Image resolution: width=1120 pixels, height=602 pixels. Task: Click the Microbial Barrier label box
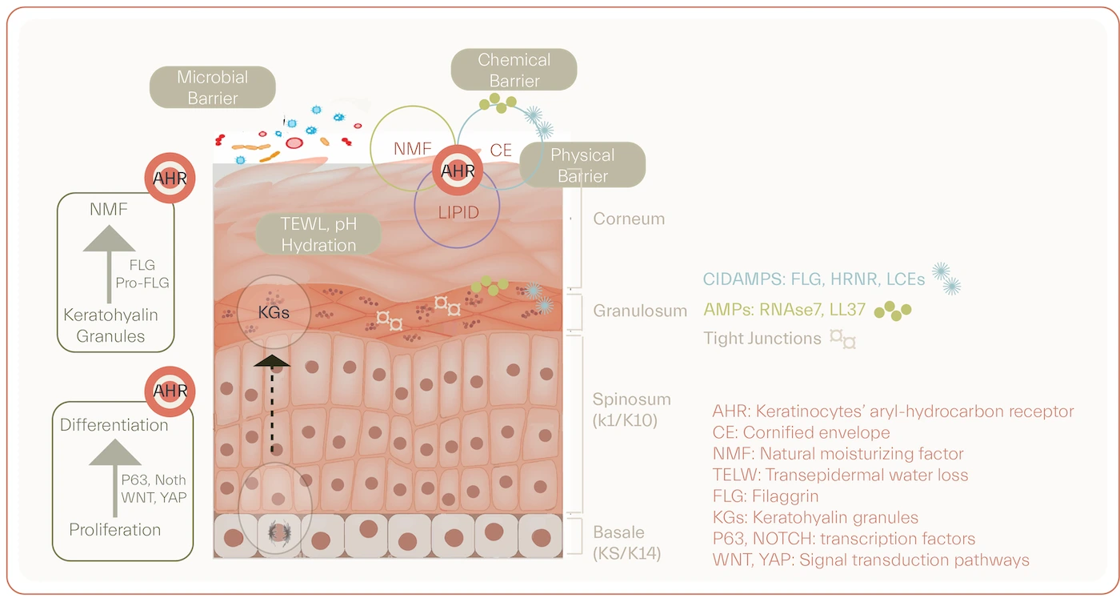213,87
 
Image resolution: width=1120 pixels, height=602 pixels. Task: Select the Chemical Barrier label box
514,70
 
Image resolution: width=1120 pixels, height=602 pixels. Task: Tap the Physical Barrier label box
582,165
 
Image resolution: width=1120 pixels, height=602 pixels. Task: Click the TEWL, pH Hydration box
318,235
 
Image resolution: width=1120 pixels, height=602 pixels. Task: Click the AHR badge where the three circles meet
458,171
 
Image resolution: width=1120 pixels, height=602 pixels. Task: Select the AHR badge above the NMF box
170,178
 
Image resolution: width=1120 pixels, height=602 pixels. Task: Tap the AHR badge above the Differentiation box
170,391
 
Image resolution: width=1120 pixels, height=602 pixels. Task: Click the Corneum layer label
629,219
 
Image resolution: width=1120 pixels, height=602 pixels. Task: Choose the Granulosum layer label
639,311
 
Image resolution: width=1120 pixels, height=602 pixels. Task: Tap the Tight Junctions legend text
762,338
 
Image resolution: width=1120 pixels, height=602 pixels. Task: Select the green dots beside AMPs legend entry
892,310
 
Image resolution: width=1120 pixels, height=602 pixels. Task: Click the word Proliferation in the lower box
114,530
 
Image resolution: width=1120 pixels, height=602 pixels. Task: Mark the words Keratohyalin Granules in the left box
110,325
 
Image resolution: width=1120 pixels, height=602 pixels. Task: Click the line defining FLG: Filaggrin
765,496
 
